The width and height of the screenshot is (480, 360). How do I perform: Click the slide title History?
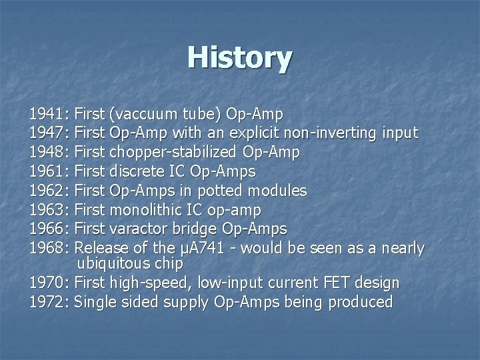(239, 57)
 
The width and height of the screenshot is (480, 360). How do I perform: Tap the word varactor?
(139, 229)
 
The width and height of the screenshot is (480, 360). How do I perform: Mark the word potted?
(221, 191)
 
